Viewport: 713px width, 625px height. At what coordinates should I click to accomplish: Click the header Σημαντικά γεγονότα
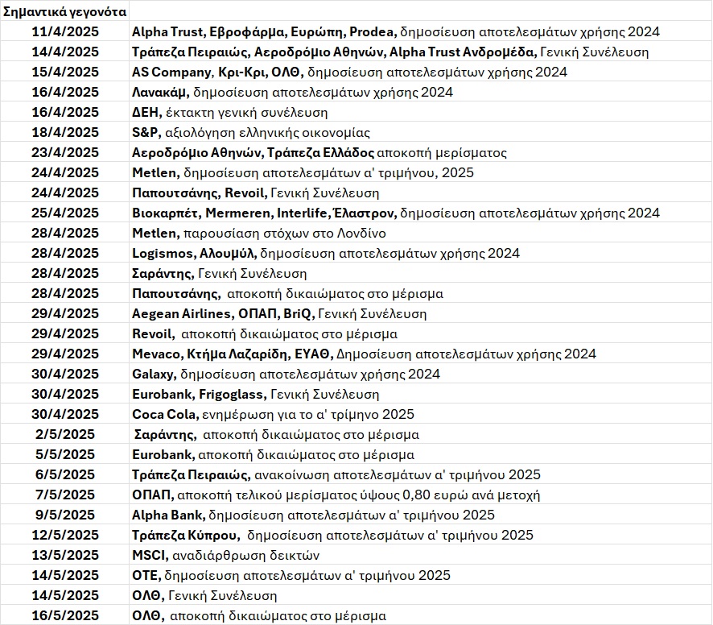coord(64,12)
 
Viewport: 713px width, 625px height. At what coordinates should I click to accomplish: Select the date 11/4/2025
coord(65,32)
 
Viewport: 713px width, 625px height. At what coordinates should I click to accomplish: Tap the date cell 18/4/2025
coord(65,133)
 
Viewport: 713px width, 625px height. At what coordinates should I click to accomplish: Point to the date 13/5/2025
coord(65,556)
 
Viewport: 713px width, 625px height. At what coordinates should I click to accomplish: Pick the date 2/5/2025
coord(65,435)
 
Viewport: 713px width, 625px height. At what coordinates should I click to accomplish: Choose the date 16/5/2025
coord(65,616)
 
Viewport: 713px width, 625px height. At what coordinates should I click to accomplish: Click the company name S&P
coord(146,133)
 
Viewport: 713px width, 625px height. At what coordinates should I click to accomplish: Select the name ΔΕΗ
coord(146,113)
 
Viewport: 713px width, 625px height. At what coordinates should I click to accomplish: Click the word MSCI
coord(149,556)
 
